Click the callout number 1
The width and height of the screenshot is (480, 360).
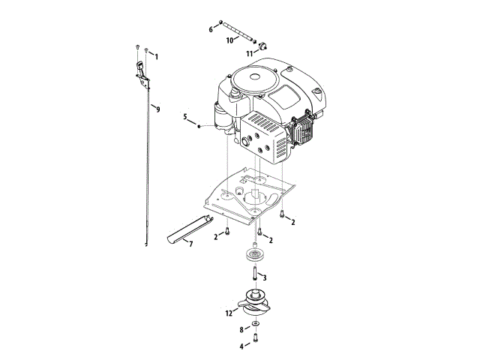pyautogui.click(x=157, y=57)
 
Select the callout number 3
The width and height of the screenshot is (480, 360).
pyautogui.click(x=264, y=277)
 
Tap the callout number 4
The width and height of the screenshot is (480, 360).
pyautogui.click(x=241, y=346)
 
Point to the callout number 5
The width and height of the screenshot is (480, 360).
pyautogui.click(x=184, y=117)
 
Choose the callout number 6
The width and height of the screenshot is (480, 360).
pyautogui.click(x=211, y=29)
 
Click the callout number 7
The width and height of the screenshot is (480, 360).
pyautogui.click(x=190, y=244)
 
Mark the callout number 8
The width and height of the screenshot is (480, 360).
pyautogui.click(x=241, y=329)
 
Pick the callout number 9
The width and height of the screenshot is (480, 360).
pyautogui.click(x=157, y=109)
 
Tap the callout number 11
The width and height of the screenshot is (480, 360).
pyautogui.click(x=250, y=53)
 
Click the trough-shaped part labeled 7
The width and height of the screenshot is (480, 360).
pyautogui.click(x=187, y=228)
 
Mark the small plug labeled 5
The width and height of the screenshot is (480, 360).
pyautogui.click(x=199, y=126)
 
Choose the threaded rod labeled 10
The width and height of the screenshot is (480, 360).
pyautogui.click(x=238, y=32)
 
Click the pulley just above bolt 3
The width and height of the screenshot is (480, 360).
pyautogui.click(x=255, y=255)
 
